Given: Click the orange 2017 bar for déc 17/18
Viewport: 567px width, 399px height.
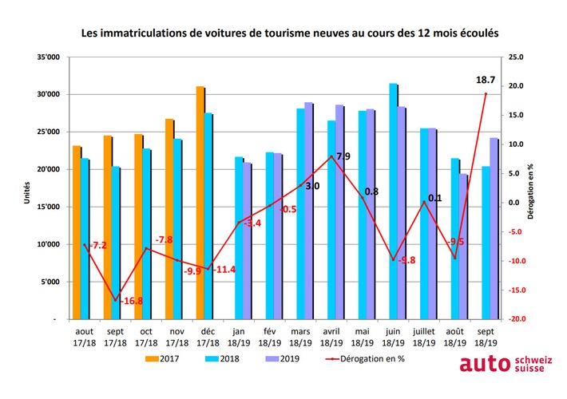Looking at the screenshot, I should pos(200,203).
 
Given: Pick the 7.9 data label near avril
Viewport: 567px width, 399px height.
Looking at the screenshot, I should pos(343,156).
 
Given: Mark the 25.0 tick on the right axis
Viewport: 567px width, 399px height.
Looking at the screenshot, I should pos(517,57).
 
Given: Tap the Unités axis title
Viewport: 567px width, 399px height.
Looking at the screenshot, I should pos(27,192).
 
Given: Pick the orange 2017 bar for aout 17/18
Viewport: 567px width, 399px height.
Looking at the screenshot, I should pos(76,232).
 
